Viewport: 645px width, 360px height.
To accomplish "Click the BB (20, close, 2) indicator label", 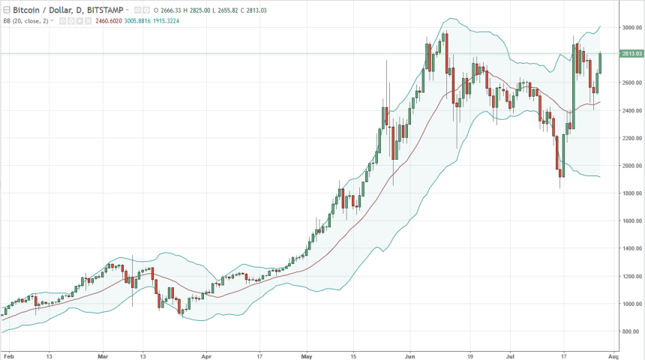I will pyautogui.click(x=26, y=21).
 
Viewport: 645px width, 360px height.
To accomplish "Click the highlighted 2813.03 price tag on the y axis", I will pyautogui.click(x=630, y=53).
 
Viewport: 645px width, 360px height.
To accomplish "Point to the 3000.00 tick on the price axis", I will pyautogui.click(x=630, y=28).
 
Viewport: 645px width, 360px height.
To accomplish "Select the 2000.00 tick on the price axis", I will pyautogui.click(x=630, y=166).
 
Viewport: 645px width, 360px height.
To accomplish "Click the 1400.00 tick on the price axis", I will pyautogui.click(x=630, y=249).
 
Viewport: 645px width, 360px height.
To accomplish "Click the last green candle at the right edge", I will pyautogui.click(x=600, y=63).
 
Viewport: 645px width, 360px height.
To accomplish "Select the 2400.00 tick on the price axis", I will pyautogui.click(x=630, y=111).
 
